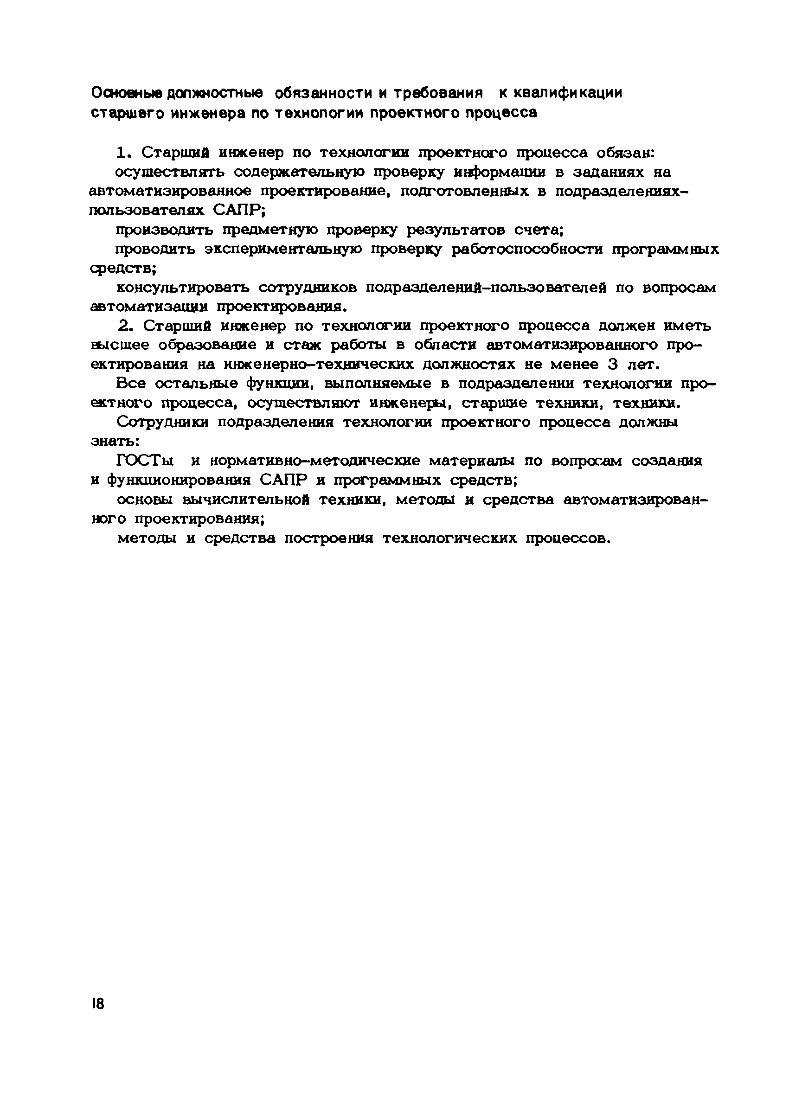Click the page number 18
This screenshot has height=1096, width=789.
click(x=97, y=1004)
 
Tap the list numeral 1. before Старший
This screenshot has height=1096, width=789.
click(x=124, y=153)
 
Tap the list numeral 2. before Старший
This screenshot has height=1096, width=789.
click(x=125, y=326)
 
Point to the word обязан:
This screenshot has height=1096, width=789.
click(x=625, y=153)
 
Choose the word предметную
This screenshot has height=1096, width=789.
click(x=274, y=231)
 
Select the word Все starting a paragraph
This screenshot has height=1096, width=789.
click(x=131, y=384)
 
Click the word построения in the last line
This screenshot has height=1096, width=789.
click(x=328, y=538)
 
